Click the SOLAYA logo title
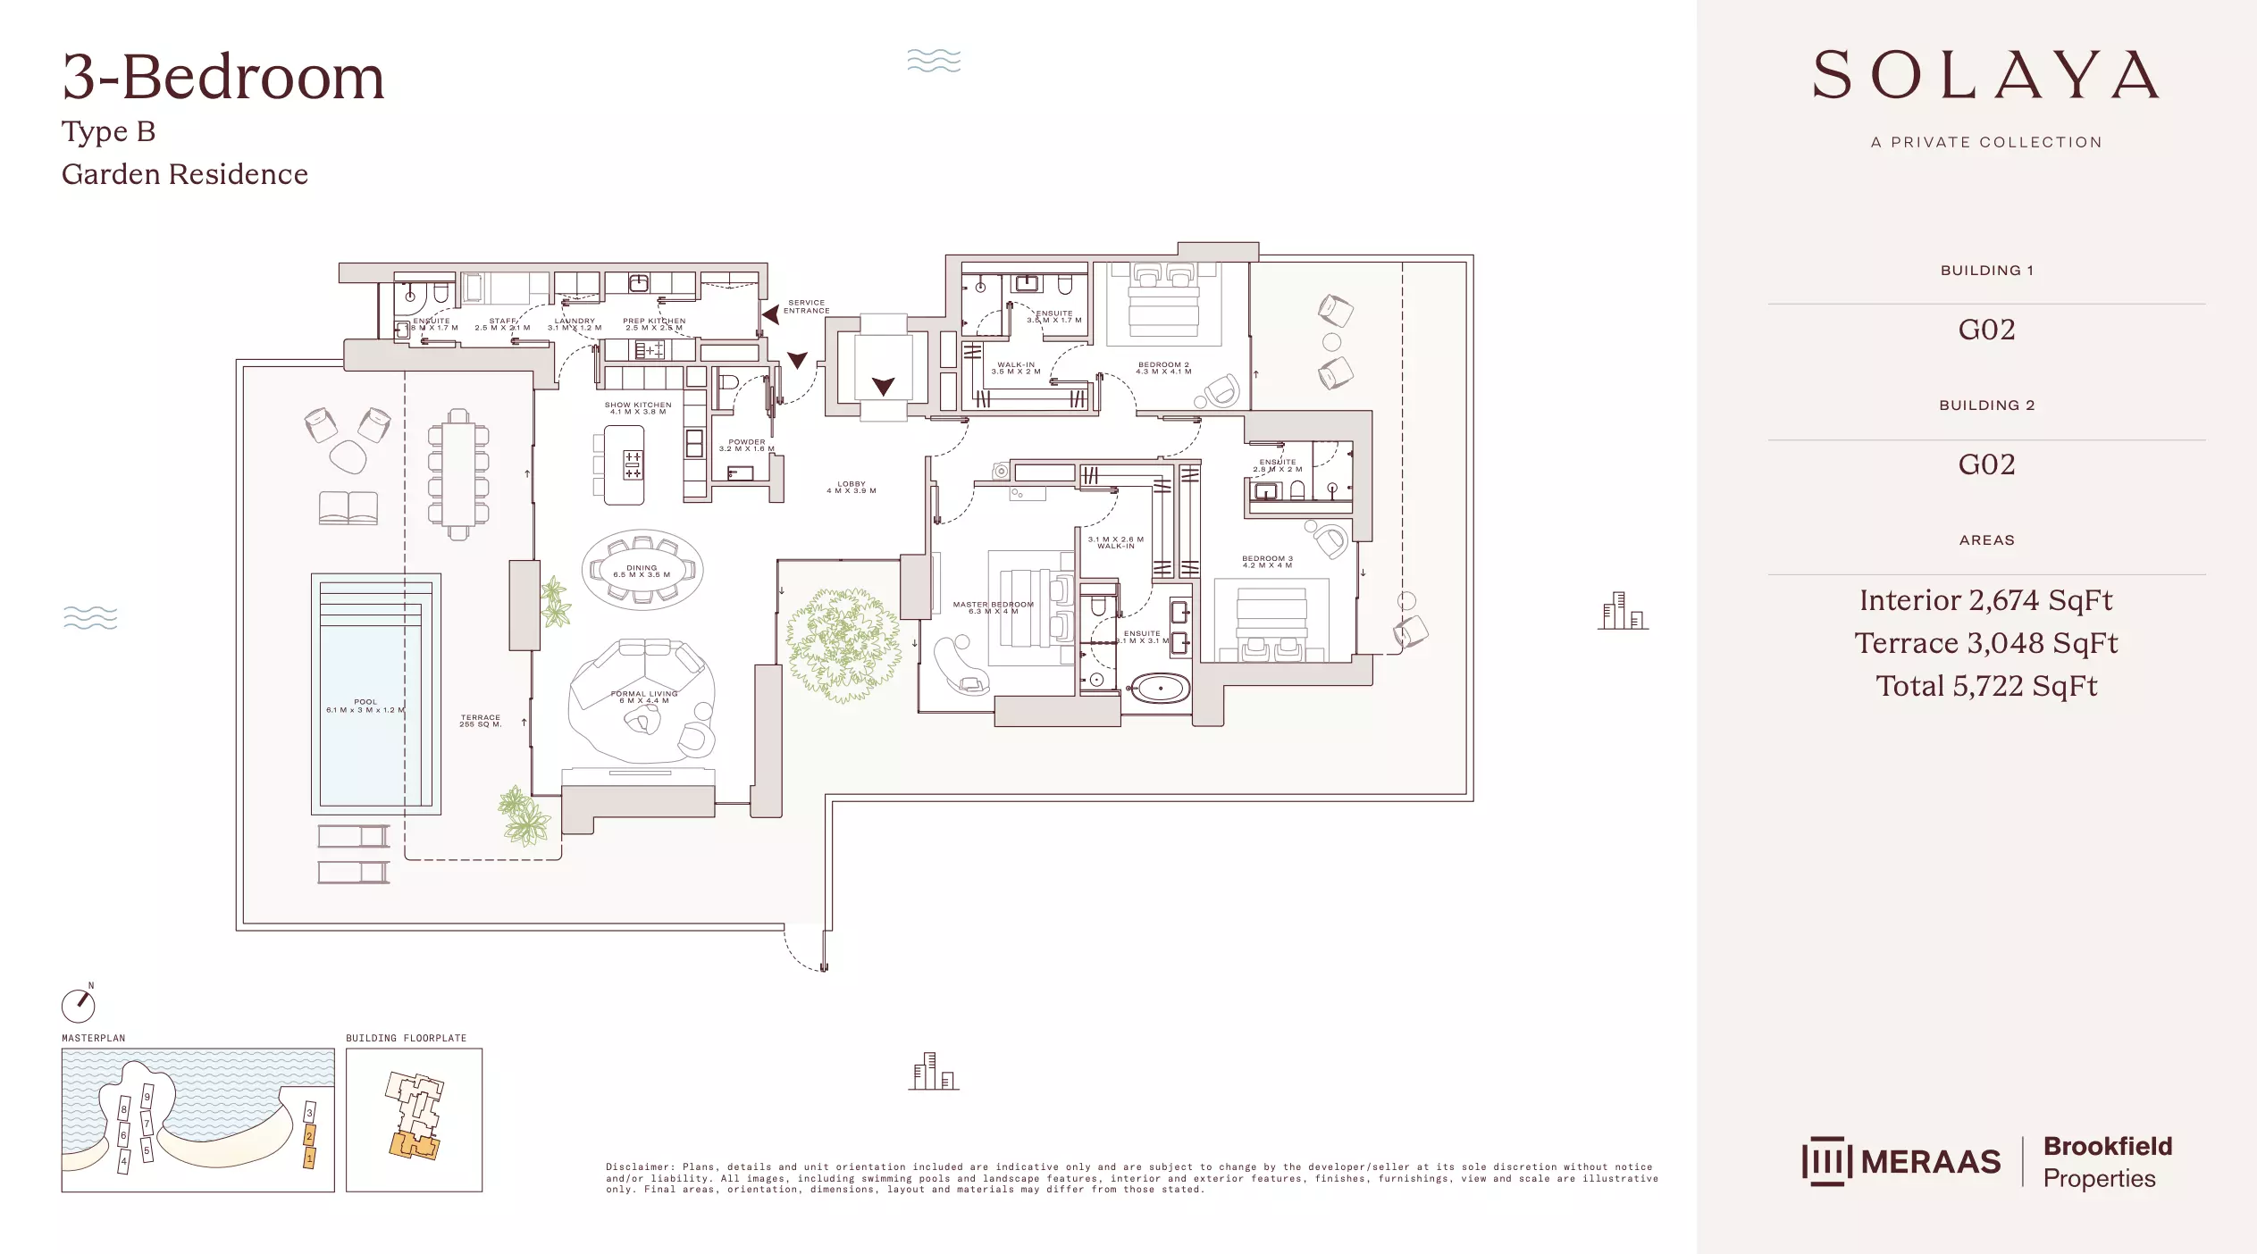tap(1985, 76)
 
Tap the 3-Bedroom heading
tap(223, 77)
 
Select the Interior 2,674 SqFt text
tap(1985, 600)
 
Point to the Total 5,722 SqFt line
tap(1985, 686)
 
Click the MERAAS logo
tap(1901, 1161)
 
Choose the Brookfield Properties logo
tap(2107, 1161)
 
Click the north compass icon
tap(78, 1005)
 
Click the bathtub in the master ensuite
tap(1160, 689)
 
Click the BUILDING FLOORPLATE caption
tap(407, 1038)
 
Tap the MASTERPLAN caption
tap(94, 1038)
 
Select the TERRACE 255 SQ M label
tap(481, 720)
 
